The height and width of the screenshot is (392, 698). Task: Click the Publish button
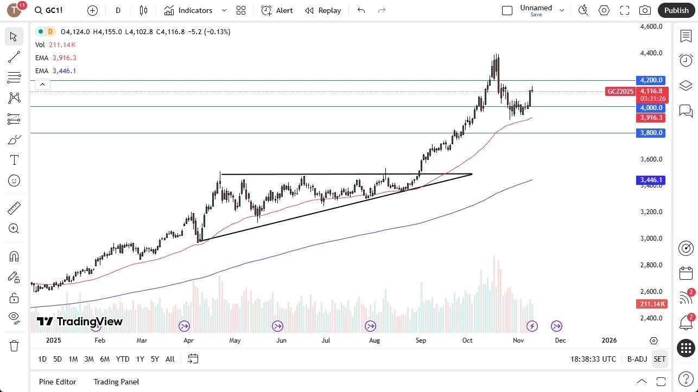(676, 10)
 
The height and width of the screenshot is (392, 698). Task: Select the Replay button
(323, 10)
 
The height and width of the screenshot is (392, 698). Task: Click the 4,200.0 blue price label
(650, 80)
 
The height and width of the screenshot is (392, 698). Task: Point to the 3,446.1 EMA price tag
(650, 180)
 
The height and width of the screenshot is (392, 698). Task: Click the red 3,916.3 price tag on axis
(650, 118)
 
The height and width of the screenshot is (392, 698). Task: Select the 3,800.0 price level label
(650, 133)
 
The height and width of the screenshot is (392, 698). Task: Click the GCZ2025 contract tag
(620, 91)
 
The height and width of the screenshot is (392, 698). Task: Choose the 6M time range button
(105, 359)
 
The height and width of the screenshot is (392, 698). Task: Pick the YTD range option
(123, 359)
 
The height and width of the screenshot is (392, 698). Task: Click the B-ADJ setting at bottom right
(637, 359)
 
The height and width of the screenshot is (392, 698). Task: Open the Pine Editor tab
(58, 382)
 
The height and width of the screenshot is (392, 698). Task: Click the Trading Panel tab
(116, 382)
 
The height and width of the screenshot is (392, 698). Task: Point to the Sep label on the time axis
(421, 340)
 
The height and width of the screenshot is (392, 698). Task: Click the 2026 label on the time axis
(609, 340)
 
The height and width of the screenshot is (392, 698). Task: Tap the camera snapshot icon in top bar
(645, 10)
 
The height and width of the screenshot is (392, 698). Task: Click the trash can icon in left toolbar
(14, 346)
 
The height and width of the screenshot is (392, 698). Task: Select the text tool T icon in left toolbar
(14, 160)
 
